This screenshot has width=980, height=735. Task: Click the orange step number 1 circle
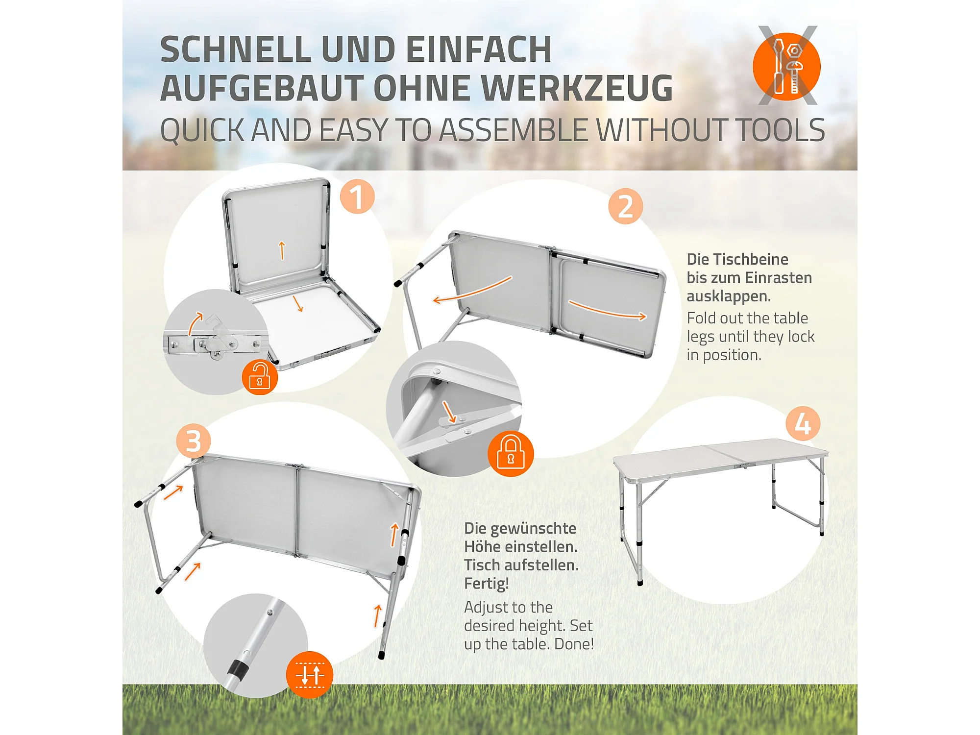coord(357,196)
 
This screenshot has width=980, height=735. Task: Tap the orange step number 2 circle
coord(626,206)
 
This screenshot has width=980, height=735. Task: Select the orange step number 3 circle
coord(194,441)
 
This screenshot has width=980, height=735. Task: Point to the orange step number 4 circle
coord(803,424)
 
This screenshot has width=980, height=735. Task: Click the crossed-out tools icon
coord(787,66)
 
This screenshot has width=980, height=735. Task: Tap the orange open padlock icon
coord(260,377)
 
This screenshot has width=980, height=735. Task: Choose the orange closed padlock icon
coord(511,453)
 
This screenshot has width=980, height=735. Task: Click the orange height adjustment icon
coord(310,675)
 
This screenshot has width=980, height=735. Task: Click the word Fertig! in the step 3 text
coord(487,584)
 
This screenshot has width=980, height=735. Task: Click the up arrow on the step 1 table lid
coord(282,250)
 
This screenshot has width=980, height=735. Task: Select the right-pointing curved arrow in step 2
coord(608,311)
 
